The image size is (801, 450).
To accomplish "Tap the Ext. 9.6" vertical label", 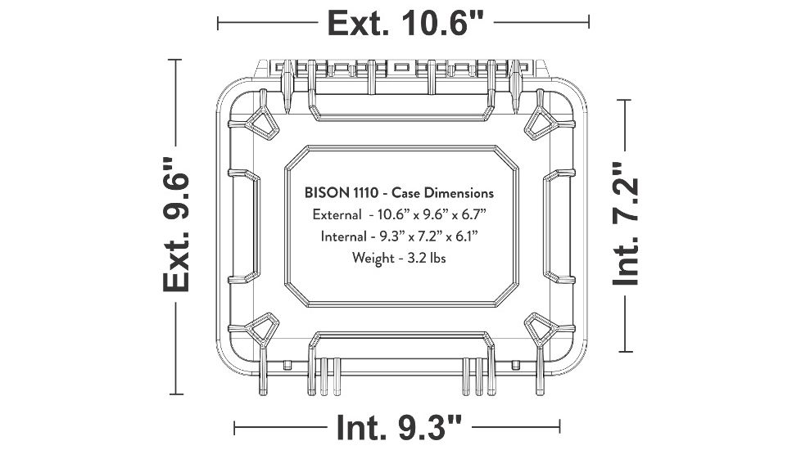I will tap(176, 224).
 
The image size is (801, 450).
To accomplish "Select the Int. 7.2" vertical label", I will tap(627, 224).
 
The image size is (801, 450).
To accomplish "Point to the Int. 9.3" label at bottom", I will tap(399, 426).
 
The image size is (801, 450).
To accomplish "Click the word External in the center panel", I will tap(337, 215).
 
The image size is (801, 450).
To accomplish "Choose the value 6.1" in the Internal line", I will tap(464, 236).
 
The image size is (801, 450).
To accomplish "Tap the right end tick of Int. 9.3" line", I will tap(560, 426).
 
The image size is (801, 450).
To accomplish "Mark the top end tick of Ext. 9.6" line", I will tap(176, 60).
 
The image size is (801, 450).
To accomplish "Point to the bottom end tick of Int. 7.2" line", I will tap(627, 352).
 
